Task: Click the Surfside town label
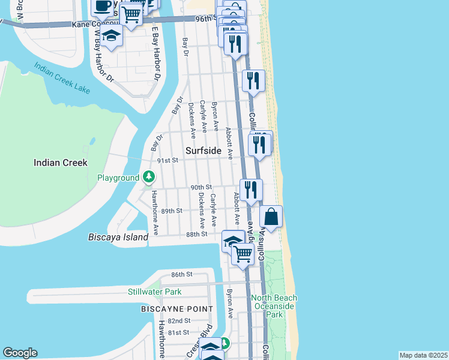203,151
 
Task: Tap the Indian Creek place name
61,163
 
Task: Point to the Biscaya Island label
118,237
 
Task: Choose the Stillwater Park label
154,292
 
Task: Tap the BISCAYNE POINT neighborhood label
176,308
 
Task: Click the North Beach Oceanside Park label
274,306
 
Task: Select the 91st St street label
168,161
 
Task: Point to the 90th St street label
202,187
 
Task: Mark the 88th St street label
196,235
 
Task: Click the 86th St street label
181,274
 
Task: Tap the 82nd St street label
179,321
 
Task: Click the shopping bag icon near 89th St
271,217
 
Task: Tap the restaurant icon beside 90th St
251,189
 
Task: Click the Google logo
20,353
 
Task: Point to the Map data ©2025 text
423,355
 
